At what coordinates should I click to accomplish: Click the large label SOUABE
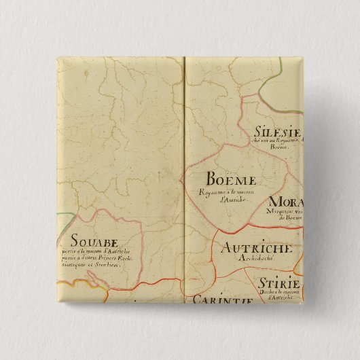(94, 240)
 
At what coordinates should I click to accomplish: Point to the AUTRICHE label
(253, 249)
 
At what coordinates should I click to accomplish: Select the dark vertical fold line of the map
(185, 170)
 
